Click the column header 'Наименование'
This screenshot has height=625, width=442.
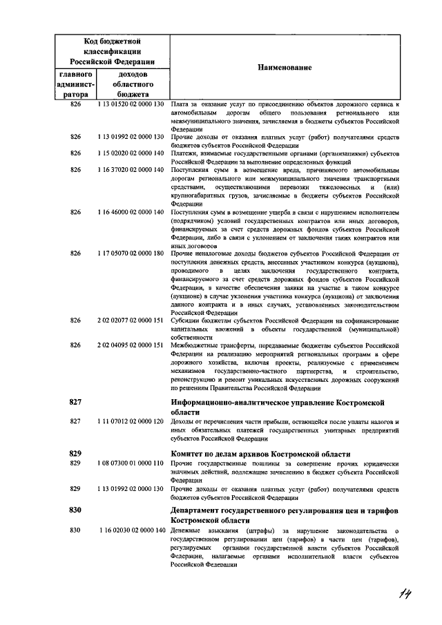(285, 68)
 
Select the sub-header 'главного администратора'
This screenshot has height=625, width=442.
(76, 84)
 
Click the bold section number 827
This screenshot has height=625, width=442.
(76, 402)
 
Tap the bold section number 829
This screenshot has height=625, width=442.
(76, 453)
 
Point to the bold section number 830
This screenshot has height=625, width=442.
(76, 510)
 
